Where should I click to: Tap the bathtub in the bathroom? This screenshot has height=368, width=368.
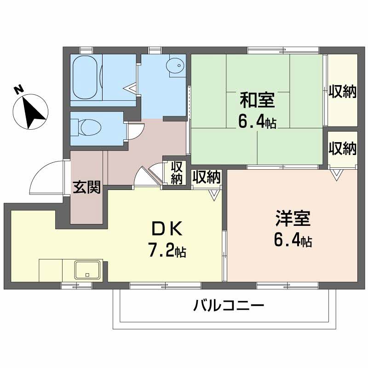pos(85,76)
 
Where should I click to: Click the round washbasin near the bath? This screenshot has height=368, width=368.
pos(175,67)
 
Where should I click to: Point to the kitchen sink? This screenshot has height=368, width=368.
pos(88,270)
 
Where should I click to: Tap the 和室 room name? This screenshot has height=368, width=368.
pos(257,99)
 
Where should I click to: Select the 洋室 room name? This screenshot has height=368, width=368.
pos(293,219)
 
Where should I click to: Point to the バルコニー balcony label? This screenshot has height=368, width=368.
pos(228,305)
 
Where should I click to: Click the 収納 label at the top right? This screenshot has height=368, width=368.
pos(343,92)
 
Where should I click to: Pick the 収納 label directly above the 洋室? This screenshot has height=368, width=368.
pos(343,149)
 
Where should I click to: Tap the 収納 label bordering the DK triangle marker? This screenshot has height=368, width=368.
pos(207,177)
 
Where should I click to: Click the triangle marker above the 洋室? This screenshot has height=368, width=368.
pos(337,174)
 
